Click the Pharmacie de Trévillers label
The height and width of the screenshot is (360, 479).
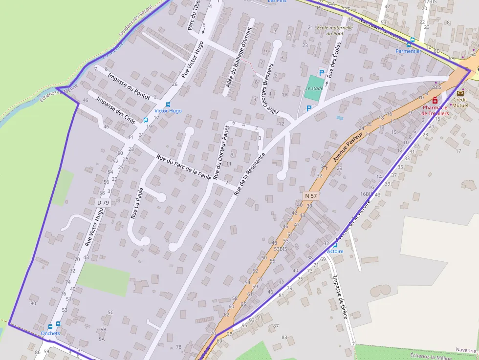click(x=435, y=110)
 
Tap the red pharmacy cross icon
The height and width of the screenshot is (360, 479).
click(x=435, y=100)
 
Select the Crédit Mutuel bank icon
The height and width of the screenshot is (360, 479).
click(x=460, y=92)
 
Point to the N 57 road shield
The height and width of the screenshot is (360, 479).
click(x=310, y=195)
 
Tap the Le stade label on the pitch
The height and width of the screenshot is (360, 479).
click(x=314, y=88)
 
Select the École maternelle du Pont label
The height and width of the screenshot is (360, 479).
click(x=334, y=30)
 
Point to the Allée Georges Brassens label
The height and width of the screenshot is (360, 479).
click(x=272, y=88)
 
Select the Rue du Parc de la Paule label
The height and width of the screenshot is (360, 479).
click(x=184, y=168)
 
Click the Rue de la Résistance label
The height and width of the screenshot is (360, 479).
click(x=249, y=173)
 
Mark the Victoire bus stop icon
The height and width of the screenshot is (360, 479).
click(x=335, y=245)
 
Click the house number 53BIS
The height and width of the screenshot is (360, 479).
click(x=280, y=249)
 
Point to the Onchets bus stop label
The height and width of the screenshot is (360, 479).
click(x=50, y=334)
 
